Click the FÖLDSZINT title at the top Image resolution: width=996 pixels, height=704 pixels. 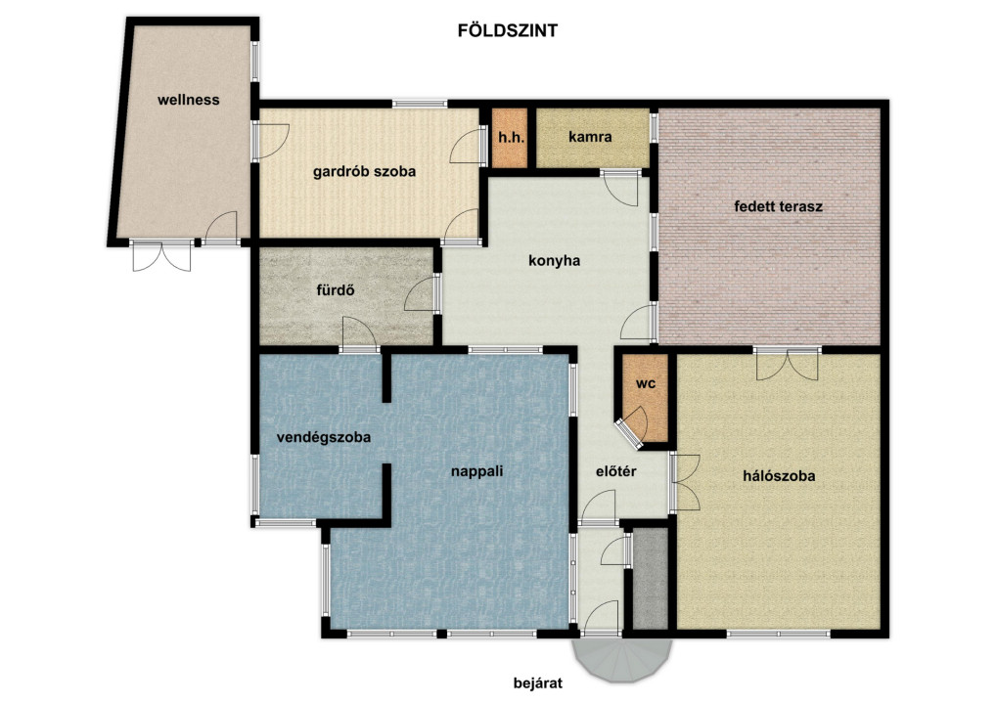(x=508, y=30)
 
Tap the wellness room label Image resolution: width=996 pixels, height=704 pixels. (x=189, y=100)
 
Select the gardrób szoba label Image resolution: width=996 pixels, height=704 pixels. (x=365, y=171)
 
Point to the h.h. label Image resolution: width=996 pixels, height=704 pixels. (x=512, y=137)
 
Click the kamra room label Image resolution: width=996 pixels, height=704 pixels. (x=590, y=137)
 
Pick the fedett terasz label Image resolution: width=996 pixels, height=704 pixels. (x=778, y=206)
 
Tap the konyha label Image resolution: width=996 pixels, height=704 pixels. (x=554, y=260)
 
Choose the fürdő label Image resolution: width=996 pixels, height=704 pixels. (x=336, y=290)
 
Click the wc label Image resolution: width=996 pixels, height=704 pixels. (x=646, y=384)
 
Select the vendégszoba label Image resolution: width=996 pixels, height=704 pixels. (x=323, y=438)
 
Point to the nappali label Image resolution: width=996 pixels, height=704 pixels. (x=477, y=471)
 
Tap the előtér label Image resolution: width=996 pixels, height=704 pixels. (x=616, y=471)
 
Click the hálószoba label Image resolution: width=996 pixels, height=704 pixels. (x=779, y=476)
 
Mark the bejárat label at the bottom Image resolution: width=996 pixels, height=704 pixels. (x=538, y=683)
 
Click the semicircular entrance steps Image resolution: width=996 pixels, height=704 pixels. (x=622, y=660)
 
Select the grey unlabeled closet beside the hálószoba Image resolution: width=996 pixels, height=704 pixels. (x=651, y=578)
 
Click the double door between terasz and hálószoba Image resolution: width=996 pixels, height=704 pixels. (x=788, y=365)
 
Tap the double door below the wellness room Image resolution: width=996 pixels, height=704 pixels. (x=161, y=256)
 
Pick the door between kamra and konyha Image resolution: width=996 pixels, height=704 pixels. (x=620, y=188)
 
